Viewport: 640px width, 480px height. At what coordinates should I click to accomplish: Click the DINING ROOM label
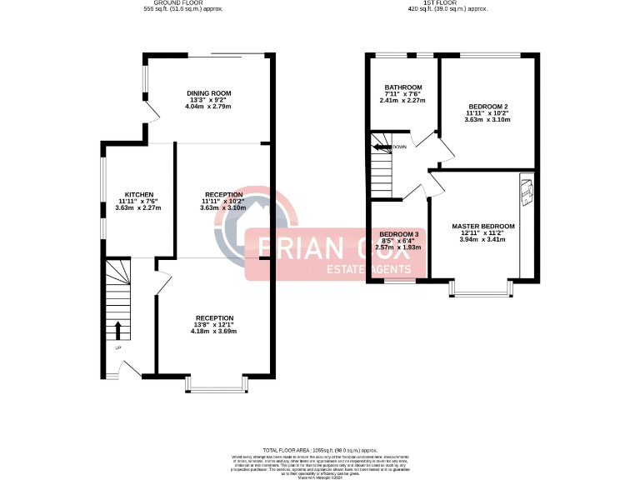point(208,92)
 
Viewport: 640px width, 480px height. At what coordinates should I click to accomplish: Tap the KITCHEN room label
point(138,194)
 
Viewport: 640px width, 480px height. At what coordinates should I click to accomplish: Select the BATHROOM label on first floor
point(403,87)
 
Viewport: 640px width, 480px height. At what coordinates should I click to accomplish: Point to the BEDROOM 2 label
point(487,107)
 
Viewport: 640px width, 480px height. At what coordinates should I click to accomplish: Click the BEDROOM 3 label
point(399,234)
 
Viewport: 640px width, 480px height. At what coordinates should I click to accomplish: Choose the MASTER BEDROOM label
point(483,226)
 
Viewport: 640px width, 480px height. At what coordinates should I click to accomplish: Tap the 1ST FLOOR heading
point(442,3)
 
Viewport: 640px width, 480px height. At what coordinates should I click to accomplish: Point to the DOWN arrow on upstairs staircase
point(383,147)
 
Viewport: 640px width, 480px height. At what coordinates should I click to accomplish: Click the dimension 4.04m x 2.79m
point(208,107)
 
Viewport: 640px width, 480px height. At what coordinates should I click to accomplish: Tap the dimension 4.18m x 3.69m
point(214,332)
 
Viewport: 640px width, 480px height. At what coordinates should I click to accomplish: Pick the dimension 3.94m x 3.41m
point(483,240)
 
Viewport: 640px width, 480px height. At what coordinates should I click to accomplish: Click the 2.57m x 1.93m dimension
point(399,247)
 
